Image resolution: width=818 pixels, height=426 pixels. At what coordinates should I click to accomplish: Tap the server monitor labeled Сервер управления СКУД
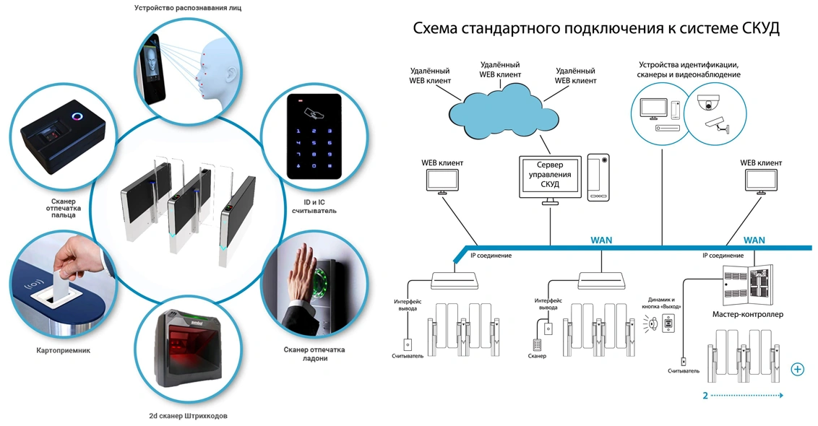[550, 175]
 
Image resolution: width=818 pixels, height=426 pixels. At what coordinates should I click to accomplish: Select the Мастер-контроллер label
[747, 315]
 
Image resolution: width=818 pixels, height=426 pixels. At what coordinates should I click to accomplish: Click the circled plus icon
[798, 370]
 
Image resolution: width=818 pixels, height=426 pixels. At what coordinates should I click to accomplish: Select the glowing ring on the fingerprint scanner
[77, 116]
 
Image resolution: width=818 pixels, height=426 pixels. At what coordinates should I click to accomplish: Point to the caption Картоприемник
[64, 350]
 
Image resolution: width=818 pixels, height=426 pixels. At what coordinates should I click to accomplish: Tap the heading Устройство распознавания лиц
[187, 9]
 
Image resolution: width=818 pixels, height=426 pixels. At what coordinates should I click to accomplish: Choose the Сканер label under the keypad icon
[537, 357]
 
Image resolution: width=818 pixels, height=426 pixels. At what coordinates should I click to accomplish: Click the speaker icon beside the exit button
[653, 326]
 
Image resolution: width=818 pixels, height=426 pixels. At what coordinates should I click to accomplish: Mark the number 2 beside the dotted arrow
[705, 396]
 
